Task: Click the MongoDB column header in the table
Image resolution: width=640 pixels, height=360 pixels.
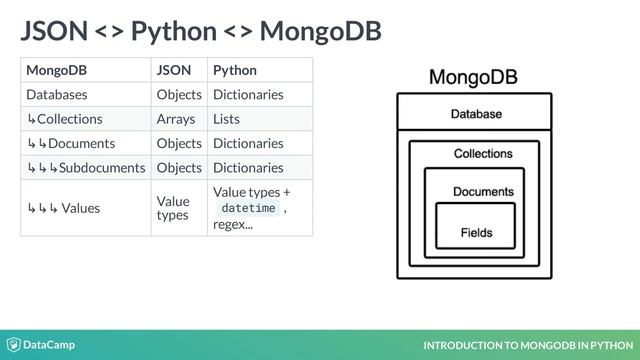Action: click(55, 70)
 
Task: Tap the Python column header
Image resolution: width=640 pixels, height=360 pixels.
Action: click(234, 70)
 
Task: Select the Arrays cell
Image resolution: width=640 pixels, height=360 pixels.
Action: click(175, 119)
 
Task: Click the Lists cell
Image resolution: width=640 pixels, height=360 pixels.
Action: click(226, 119)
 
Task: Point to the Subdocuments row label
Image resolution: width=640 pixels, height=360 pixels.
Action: click(86, 167)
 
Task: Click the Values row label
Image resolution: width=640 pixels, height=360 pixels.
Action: click(63, 208)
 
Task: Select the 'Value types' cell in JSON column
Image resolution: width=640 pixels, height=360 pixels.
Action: click(173, 208)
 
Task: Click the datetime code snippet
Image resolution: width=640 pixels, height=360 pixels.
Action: click(248, 208)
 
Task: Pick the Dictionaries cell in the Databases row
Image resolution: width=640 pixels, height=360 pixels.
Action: click(248, 95)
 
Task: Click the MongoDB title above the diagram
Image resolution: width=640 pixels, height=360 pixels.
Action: click(473, 77)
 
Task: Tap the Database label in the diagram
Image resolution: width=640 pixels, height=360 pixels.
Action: click(475, 114)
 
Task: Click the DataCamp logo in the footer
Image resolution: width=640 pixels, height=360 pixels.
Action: click(41, 345)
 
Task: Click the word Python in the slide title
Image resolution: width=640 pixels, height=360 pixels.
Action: click(174, 31)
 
